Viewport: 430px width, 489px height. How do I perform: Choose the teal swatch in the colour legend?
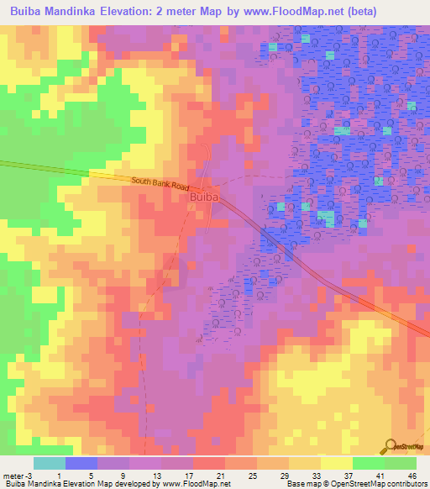click(x=50, y=463)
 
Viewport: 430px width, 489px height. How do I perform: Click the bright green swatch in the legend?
click(x=368, y=463)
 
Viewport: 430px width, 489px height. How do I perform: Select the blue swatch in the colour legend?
click(x=81, y=463)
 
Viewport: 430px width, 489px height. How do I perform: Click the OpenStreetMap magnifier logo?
click(x=391, y=447)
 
